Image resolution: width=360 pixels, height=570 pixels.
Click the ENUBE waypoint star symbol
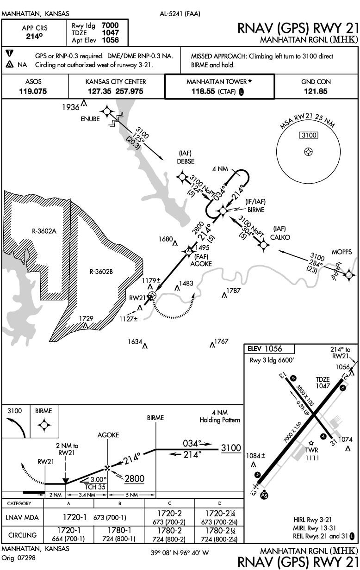coord(107,112)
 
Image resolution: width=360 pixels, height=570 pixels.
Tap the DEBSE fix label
coord(186,161)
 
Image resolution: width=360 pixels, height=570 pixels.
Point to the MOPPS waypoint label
coord(341,252)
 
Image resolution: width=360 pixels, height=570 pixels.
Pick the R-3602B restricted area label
coord(101,272)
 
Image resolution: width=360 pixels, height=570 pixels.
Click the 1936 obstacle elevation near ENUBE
coord(71,108)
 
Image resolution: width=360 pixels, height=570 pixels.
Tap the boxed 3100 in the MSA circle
coord(307,136)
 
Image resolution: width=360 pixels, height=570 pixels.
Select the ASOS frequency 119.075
coord(33,91)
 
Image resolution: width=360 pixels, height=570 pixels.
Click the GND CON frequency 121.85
coord(317,91)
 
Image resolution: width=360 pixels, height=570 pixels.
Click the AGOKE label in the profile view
coord(108,435)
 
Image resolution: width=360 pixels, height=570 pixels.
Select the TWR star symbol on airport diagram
coord(311,443)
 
